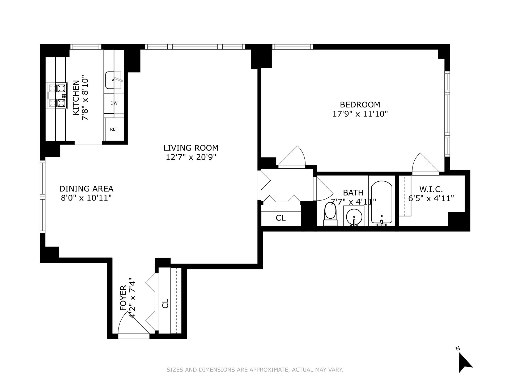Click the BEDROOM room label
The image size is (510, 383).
(x=360, y=105)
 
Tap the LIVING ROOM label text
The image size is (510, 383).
(x=191, y=148)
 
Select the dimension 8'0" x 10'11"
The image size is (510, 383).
(x=86, y=198)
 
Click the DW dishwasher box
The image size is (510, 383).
(x=114, y=103)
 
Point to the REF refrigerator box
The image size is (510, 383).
(x=114, y=129)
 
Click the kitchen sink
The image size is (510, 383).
(x=113, y=80)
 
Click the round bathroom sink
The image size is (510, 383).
(x=354, y=217)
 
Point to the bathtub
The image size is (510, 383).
(x=381, y=202)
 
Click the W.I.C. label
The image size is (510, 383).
(x=431, y=189)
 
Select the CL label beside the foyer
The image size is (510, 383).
(x=165, y=303)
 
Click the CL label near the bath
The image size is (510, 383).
(x=281, y=218)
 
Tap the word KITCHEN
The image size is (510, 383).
(x=76, y=98)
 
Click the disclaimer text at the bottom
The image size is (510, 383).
(x=255, y=370)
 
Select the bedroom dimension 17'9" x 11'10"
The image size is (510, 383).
(x=360, y=114)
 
